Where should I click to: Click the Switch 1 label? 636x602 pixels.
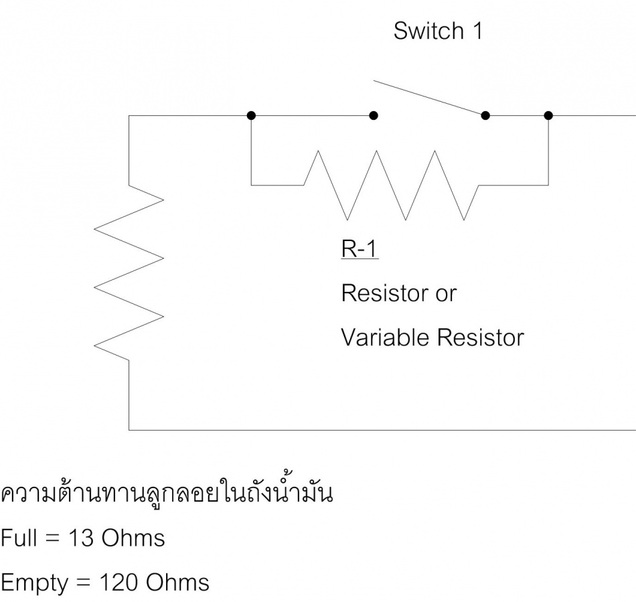pos(438,31)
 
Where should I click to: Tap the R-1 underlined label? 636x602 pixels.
pos(360,248)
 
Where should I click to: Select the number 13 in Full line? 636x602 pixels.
pos(81,538)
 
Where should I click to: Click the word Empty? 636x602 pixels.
pos(34,584)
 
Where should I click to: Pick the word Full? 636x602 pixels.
pos(19,538)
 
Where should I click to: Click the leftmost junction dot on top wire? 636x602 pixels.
pos(251,116)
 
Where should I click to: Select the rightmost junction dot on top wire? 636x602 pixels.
pos(548,116)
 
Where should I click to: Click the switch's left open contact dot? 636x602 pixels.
pos(374,116)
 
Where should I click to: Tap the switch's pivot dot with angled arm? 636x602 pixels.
pos(485,116)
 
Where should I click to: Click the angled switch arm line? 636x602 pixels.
pos(429,98)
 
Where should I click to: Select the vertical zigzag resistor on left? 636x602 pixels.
pos(129,273)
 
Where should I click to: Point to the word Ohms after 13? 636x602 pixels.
pos(133,538)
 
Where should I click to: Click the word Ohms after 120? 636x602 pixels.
pos(177,583)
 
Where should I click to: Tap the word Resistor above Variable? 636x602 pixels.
pos(384,293)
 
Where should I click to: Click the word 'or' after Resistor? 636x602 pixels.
pos(446,295)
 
